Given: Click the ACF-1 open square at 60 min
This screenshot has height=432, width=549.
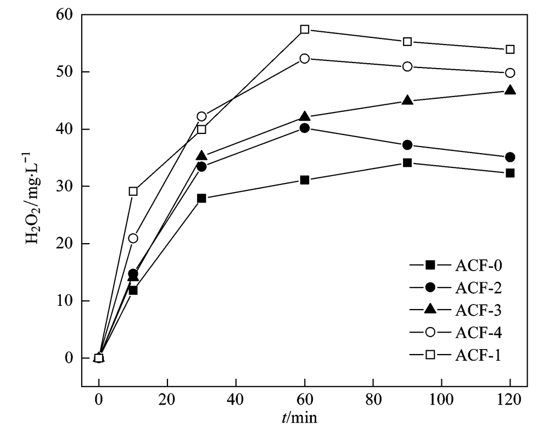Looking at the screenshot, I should (x=305, y=29).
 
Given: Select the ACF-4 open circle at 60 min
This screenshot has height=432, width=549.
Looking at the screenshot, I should (x=305, y=58).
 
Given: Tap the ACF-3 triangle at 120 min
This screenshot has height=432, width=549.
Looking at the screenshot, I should (x=510, y=90).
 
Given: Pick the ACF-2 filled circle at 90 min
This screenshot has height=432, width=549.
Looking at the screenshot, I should (x=407, y=145).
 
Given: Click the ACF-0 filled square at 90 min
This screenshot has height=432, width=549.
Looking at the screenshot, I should (x=407, y=162).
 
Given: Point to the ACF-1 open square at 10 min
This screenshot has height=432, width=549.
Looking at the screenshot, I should (x=133, y=191).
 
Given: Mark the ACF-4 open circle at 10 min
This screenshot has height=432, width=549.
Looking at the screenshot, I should (x=133, y=238).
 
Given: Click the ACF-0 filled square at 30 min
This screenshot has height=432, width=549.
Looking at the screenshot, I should (x=201, y=198).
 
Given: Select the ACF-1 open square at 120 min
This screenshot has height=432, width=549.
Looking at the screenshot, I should (x=510, y=49).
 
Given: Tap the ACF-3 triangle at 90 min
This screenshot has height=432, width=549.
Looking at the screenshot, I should (x=407, y=100).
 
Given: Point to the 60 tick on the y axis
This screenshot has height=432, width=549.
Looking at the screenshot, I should (x=66, y=15).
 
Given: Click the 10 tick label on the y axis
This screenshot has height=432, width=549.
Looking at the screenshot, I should (x=66, y=301).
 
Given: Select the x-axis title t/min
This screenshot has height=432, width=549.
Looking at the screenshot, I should (x=300, y=418).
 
